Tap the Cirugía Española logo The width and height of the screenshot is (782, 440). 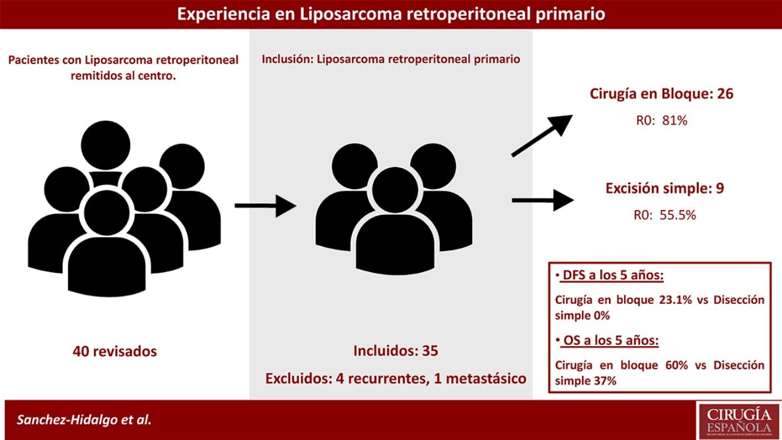(737, 419)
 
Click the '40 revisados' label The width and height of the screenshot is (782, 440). (115, 351)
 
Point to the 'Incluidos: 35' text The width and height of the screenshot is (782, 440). (396, 351)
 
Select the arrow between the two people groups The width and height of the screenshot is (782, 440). (265, 205)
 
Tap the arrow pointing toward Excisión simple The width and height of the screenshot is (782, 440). (542, 201)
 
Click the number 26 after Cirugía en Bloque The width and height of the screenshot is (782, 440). (725, 94)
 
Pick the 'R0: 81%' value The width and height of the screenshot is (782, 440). (662, 121)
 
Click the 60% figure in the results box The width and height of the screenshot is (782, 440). (673, 365)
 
